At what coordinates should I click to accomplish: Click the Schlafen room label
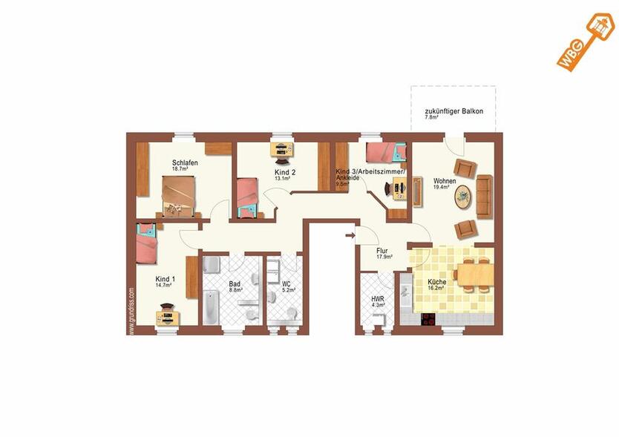(185, 162)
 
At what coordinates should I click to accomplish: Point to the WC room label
(286, 283)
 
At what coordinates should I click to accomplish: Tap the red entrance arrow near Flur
(350, 237)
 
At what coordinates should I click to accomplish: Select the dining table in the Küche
(472, 275)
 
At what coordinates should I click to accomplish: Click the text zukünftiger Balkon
(453, 111)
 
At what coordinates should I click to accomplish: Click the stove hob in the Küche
(428, 319)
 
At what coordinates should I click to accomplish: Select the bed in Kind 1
(147, 244)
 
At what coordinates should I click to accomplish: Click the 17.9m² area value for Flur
(384, 257)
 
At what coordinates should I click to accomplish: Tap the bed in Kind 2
(246, 196)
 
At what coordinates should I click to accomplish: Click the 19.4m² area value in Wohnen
(442, 188)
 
